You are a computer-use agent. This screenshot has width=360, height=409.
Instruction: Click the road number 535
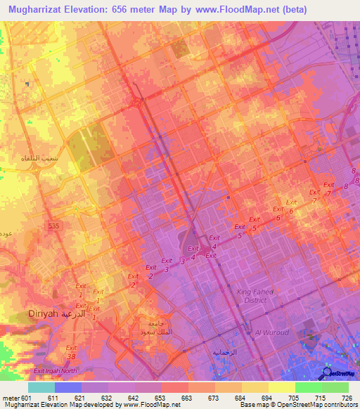coord(53,226)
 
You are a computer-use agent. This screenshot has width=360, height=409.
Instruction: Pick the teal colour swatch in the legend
coord(41,387)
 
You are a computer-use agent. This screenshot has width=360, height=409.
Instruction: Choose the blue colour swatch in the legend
coord(68,387)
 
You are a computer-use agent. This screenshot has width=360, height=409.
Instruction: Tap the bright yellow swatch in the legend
coord(282,387)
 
